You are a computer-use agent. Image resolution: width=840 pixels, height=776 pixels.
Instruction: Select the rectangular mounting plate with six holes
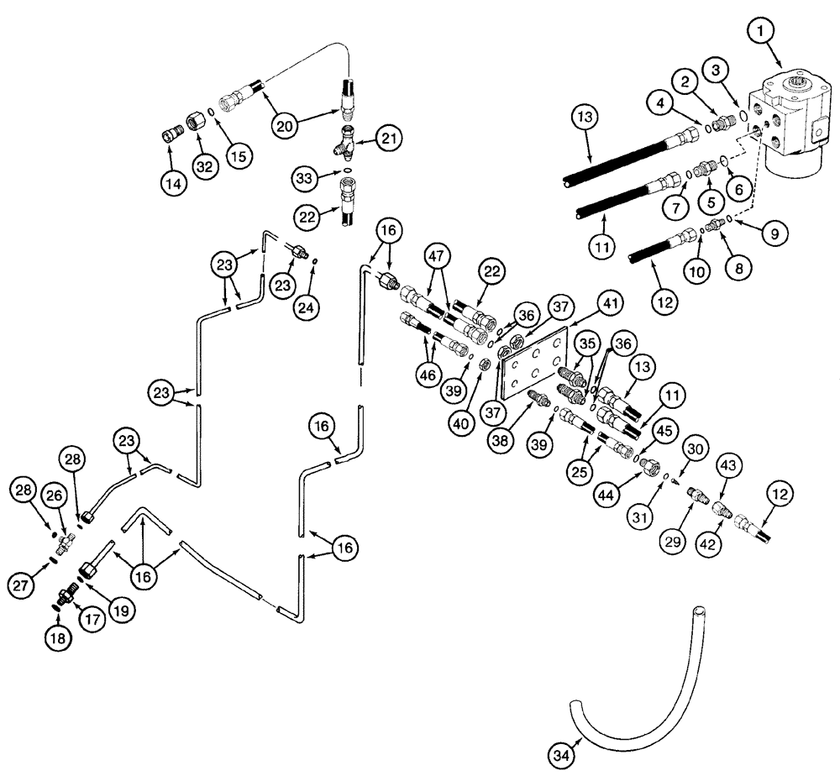(533, 364)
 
